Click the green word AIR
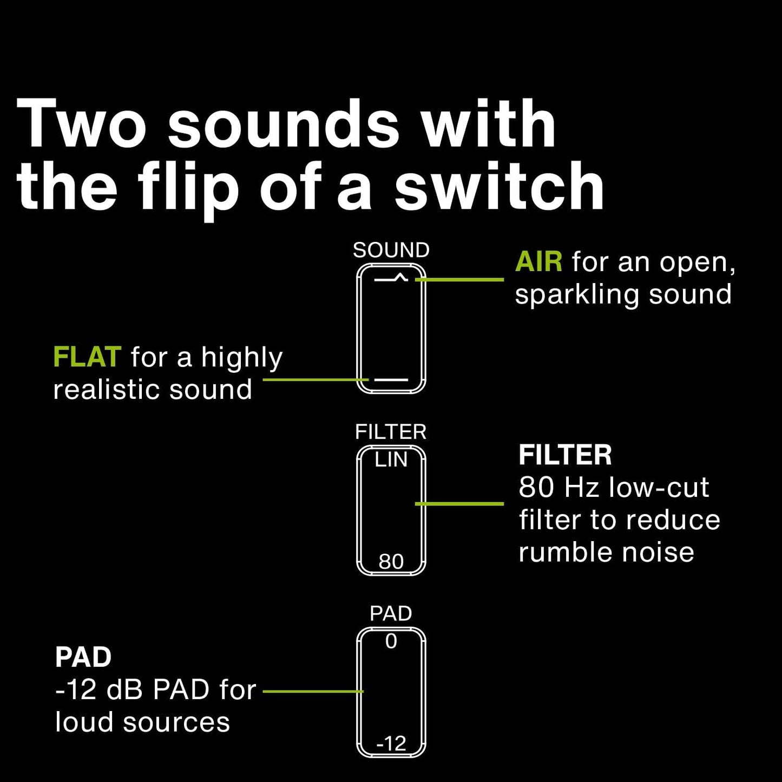(538, 262)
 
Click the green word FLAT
(87, 357)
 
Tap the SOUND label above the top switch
(391, 250)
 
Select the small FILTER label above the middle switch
(391, 432)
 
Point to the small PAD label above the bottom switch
(391, 614)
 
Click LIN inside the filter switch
(391, 460)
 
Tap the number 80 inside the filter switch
(391, 562)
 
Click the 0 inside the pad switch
(391, 642)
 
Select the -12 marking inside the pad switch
(391, 744)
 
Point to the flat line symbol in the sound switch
(391, 380)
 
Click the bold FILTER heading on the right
(565, 455)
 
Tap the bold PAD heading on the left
(83, 658)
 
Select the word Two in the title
(81, 124)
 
